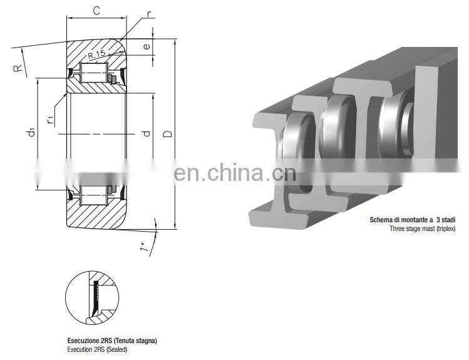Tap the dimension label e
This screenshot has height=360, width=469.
pos(146,47)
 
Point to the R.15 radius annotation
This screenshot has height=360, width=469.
pos(97,55)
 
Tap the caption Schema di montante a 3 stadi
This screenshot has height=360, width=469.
pos(413,221)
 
